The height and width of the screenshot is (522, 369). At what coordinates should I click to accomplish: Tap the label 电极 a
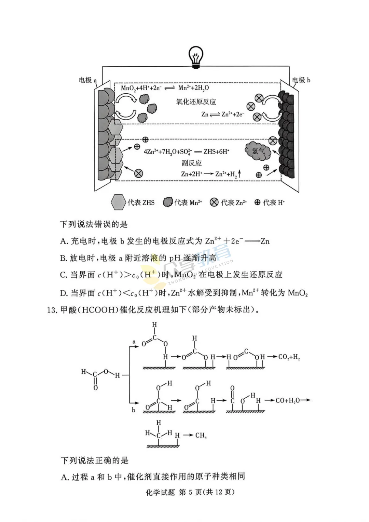(88, 80)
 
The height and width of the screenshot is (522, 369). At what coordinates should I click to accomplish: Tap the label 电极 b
(301, 80)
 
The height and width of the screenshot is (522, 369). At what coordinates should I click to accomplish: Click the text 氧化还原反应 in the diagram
(196, 102)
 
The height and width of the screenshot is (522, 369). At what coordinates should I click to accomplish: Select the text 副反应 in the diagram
(191, 163)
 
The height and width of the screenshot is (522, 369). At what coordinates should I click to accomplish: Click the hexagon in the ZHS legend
(118, 202)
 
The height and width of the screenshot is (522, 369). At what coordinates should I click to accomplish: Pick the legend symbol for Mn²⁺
(168, 202)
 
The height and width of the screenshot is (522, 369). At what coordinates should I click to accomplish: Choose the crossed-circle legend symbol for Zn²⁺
(214, 202)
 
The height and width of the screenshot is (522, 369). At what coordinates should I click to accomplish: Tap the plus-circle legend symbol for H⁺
(257, 202)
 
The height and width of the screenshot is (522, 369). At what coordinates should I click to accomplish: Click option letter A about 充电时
(64, 241)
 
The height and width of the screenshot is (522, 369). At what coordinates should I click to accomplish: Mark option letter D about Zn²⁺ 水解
(64, 293)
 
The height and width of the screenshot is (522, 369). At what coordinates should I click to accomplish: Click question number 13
(52, 310)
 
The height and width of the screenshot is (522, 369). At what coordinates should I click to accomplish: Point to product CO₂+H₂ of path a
(289, 357)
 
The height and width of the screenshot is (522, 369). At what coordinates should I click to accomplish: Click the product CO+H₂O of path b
(287, 400)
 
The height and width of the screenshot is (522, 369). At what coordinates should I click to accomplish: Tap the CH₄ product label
(201, 435)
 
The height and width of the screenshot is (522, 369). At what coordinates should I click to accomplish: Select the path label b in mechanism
(134, 410)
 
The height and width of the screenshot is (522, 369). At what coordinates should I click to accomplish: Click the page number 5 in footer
(190, 492)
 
